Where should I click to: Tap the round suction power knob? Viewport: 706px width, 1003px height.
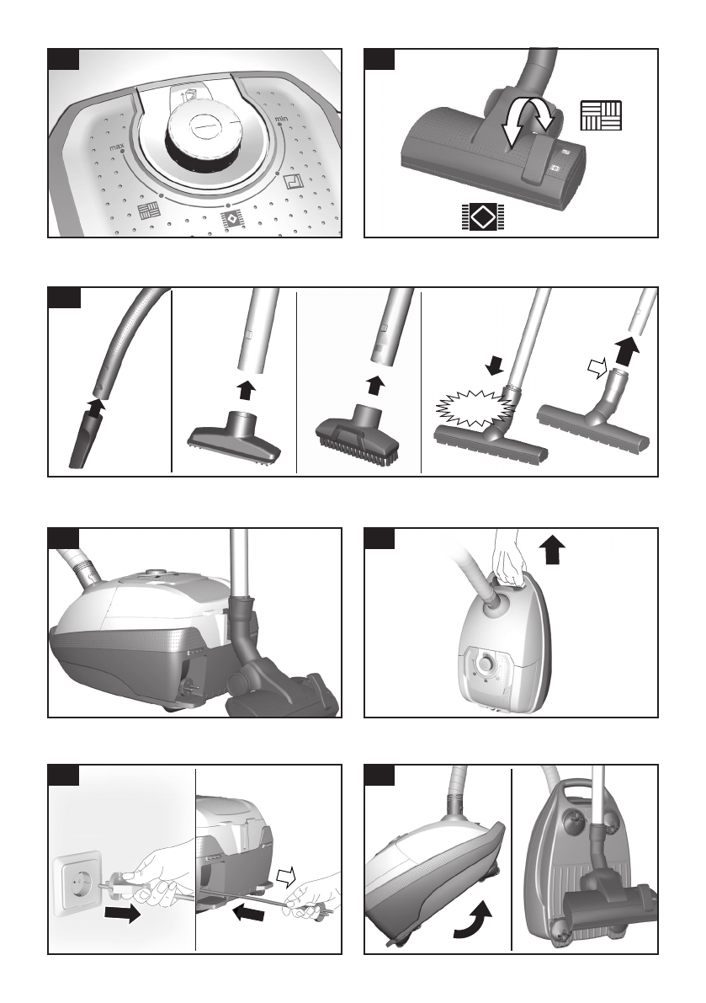(204, 131)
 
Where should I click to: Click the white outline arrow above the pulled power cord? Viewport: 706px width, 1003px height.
(288, 876)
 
